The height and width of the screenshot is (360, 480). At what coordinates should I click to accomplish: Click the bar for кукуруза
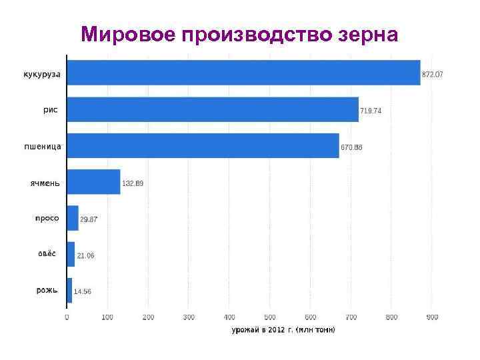(243, 73)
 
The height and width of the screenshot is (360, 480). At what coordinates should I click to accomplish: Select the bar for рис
(213, 109)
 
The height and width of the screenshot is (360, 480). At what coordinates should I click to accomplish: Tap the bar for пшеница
(203, 145)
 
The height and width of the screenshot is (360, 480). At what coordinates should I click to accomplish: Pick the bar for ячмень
(93, 181)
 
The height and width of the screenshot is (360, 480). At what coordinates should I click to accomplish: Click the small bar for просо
(73, 218)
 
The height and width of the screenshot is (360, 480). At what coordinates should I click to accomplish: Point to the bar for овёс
(71, 254)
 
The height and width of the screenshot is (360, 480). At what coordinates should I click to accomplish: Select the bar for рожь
(69, 290)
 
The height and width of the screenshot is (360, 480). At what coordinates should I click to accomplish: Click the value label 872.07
(432, 75)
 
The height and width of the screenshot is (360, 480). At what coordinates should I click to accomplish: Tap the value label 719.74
(371, 111)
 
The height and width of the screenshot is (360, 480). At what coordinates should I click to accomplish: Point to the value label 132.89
(132, 183)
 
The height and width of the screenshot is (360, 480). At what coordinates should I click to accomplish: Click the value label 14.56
(83, 291)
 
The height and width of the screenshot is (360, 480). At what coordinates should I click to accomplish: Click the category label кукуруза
(42, 74)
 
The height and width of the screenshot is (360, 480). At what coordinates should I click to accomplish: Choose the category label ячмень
(45, 182)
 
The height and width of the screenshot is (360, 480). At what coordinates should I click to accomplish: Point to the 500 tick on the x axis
(270, 317)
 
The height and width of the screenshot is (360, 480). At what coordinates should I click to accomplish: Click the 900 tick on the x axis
(432, 317)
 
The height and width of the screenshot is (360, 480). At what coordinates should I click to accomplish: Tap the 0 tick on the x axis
(67, 317)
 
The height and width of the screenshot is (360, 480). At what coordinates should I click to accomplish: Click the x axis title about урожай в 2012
(283, 329)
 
